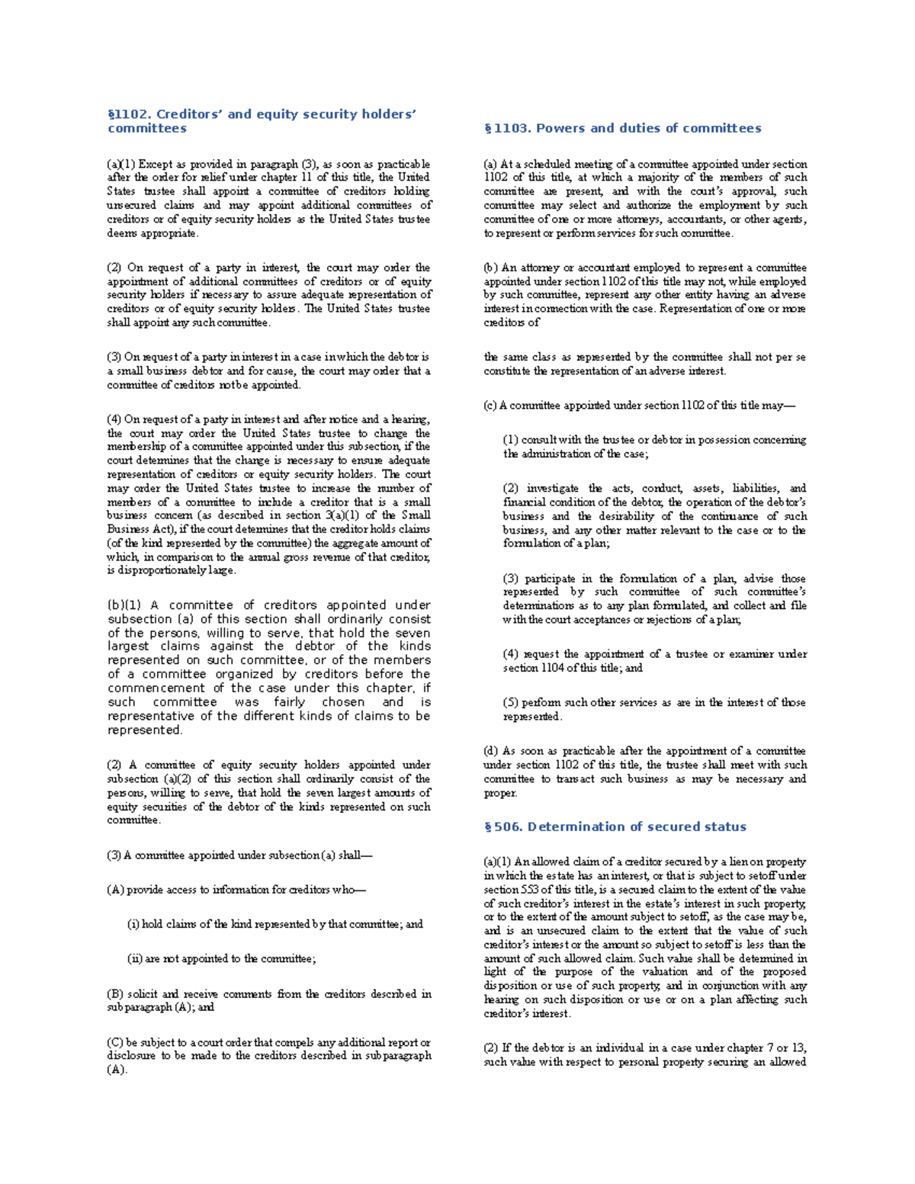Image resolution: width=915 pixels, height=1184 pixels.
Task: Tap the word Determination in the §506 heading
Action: [x=573, y=826]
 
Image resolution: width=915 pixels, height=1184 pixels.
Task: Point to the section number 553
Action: [x=530, y=890]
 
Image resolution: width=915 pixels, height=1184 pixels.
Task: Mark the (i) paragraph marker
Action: [x=133, y=924]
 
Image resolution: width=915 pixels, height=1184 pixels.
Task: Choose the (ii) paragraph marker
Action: [x=134, y=958]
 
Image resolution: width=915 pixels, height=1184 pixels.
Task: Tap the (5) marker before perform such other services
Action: [x=510, y=702]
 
